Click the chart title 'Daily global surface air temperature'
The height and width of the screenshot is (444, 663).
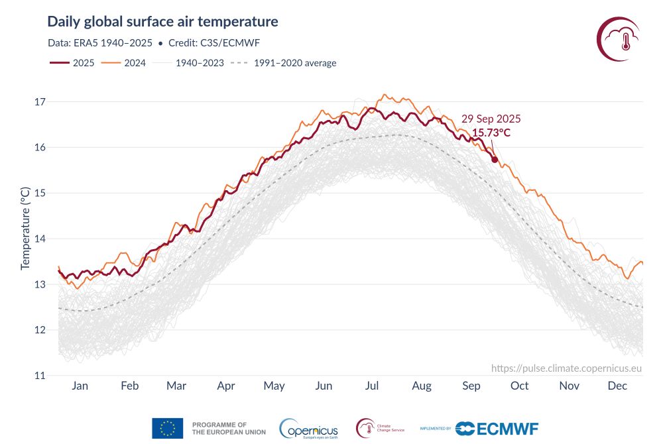(x=162, y=22)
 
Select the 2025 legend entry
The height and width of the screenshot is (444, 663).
(x=72, y=63)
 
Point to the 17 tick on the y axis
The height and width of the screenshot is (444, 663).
(x=39, y=102)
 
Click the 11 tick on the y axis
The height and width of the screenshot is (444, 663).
(x=39, y=376)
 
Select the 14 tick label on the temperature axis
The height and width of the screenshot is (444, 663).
(x=39, y=239)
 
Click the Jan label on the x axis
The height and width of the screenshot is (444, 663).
(x=80, y=386)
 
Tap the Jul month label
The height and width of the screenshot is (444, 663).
(x=372, y=386)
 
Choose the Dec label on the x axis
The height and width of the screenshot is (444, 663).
(x=617, y=386)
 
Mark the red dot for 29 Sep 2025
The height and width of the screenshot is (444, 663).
(x=495, y=159)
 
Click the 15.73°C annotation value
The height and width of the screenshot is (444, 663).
(x=491, y=133)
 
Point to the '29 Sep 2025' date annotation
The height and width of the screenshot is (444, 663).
(x=491, y=119)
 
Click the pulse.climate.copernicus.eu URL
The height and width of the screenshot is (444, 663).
(x=567, y=368)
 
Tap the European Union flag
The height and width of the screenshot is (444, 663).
(x=167, y=428)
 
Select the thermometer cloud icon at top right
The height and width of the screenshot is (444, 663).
(x=618, y=39)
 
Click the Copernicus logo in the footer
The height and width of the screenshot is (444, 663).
(x=309, y=428)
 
